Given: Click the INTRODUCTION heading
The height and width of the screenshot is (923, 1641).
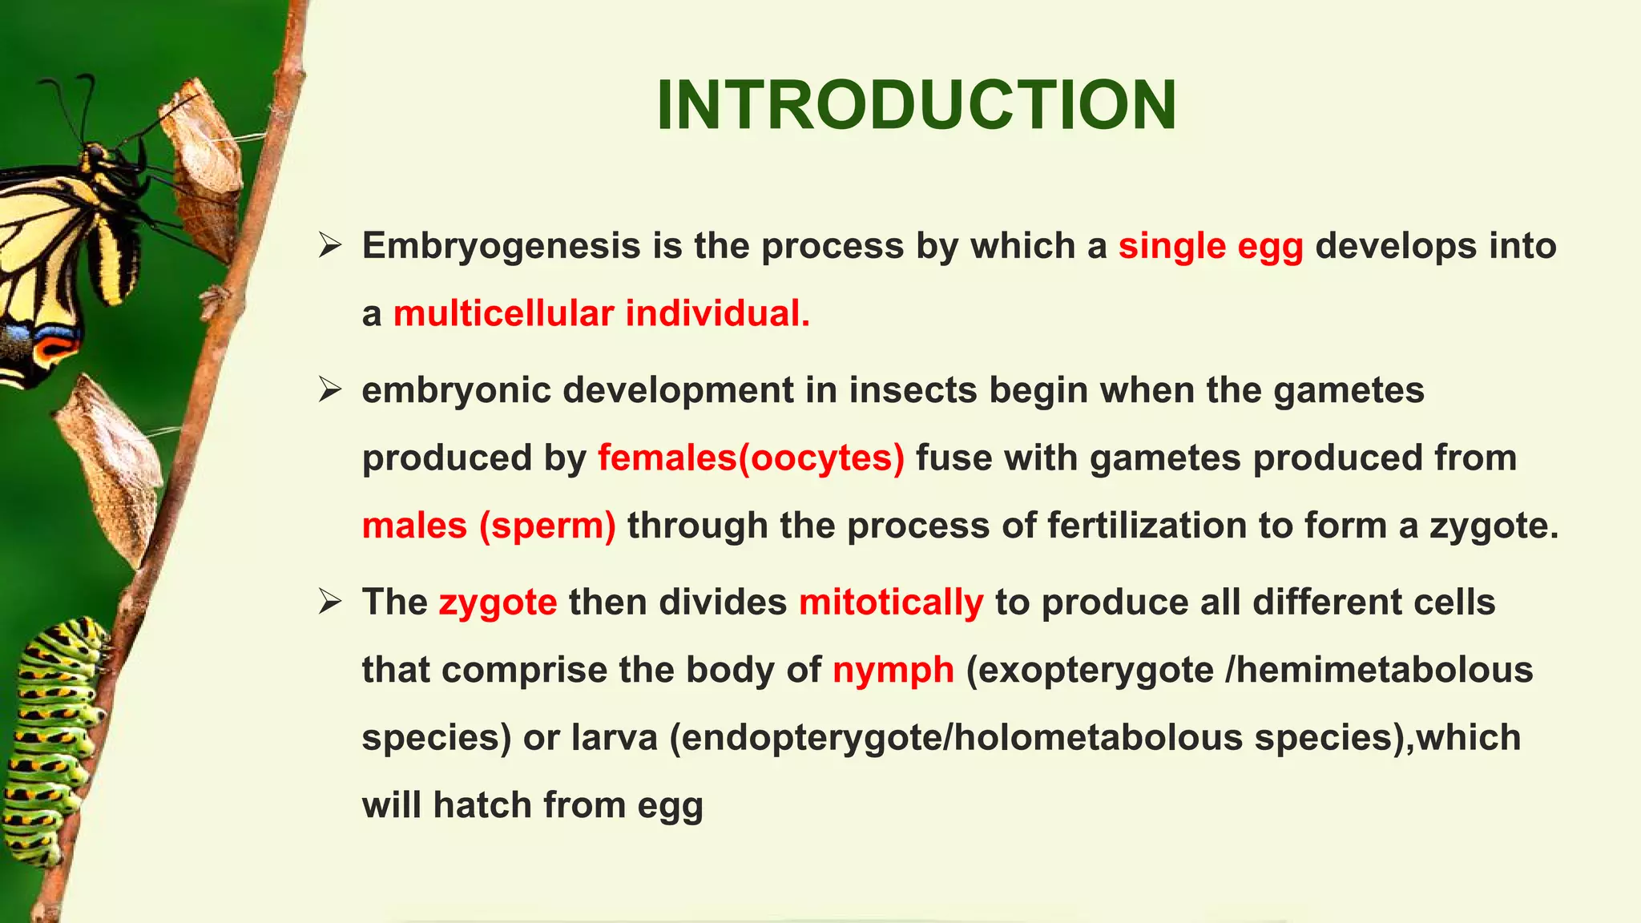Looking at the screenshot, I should (916, 106).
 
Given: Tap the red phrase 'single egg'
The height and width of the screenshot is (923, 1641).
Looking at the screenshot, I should (1211, 246).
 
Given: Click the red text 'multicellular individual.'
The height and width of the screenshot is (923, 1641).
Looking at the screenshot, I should (602, 313).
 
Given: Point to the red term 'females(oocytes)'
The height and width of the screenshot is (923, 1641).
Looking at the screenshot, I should (751, 458).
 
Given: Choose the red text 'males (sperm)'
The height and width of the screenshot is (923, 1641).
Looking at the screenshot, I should (489, 526).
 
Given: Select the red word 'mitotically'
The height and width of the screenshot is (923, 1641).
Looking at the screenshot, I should (891, 602).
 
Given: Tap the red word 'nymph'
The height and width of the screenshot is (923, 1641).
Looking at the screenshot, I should (893, 670).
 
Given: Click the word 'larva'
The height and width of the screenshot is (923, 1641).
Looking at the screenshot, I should (615, 737).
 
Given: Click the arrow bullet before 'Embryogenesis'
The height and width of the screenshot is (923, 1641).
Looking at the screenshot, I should (329, 245).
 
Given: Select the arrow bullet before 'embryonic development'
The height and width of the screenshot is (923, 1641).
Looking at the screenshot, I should (329, 390).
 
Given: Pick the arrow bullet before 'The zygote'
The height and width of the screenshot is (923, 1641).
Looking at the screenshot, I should (329, 601).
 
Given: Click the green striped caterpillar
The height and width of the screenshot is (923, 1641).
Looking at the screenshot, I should (52, 737).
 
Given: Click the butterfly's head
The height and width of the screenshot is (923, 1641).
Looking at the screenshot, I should (96, 152).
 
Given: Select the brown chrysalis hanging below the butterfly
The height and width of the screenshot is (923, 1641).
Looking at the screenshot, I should (112, 465).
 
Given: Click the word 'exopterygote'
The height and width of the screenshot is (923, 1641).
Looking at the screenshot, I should (1090, 670).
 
